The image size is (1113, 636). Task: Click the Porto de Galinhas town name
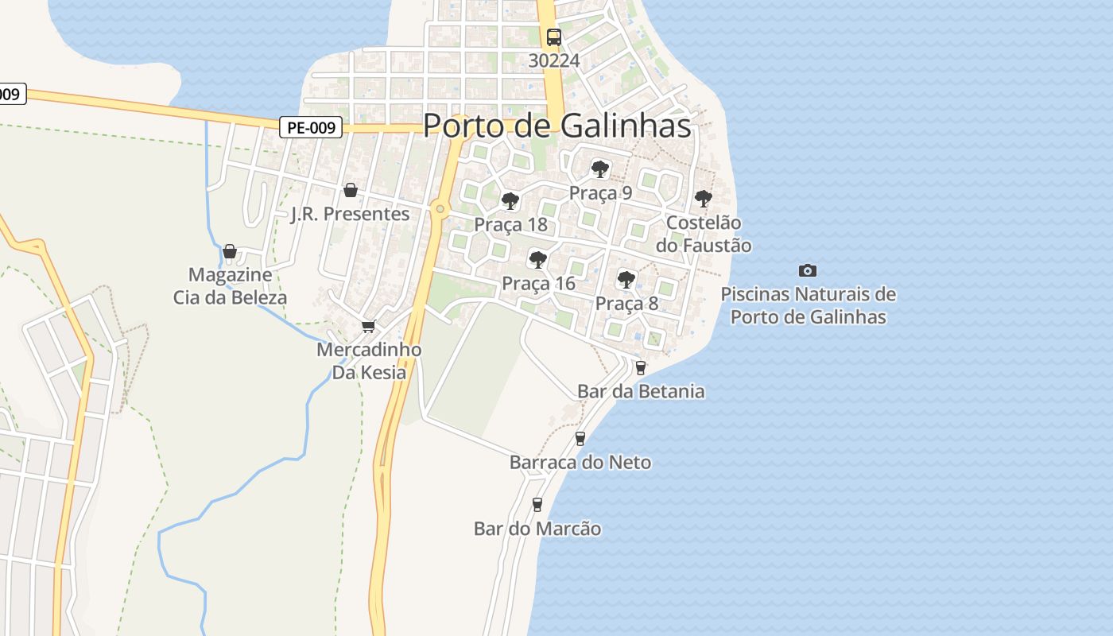point(556,126)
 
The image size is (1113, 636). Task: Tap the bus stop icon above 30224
point(553,37)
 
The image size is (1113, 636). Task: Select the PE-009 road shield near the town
point(311,126)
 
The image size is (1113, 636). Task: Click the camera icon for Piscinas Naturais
point(808,270)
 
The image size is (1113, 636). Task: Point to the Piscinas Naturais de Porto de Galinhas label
point(808,305)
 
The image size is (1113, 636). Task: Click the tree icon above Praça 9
point(600,169)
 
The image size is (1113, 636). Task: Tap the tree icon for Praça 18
point(510,200)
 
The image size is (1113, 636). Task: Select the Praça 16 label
point(538,283)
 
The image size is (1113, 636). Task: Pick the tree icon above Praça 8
point(626,279)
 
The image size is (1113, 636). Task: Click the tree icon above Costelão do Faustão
point(703,198)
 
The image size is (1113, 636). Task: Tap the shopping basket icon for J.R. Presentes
point(350,190)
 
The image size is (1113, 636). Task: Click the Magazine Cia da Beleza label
point(231,286)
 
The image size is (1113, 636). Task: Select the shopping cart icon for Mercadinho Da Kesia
point(368,326)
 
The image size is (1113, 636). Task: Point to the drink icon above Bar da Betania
point(641,367)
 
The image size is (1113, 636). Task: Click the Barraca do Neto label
point(580,462)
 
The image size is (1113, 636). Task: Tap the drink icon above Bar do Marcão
point(537,504)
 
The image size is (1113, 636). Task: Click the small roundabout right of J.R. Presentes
point(440,209)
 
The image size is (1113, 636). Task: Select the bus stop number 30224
point(553,60)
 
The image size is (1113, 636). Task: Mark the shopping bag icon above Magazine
point(230,251)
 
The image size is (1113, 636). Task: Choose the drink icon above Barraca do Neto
point(580,438)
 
